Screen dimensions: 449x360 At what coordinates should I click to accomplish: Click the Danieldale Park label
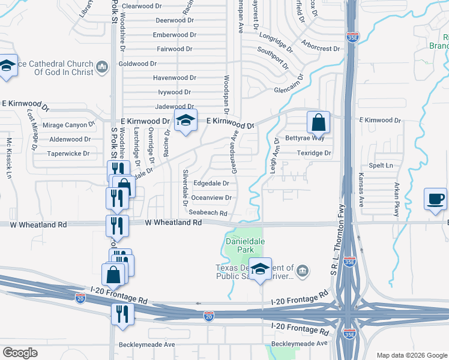240,245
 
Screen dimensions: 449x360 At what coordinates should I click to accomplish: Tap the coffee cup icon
435,199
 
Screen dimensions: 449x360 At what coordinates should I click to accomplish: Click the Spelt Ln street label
381,165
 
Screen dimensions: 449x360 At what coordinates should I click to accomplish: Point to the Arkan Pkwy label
397,195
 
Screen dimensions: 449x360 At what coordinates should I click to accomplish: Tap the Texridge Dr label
314,153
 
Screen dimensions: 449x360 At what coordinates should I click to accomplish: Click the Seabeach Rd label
208,213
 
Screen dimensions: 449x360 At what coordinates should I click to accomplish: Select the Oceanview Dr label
211,198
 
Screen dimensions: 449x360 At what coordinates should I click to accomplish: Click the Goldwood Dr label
137,64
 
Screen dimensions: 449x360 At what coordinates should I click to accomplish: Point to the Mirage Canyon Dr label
71,125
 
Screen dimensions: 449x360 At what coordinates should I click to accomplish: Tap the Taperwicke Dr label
70,154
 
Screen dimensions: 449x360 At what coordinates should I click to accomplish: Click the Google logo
20,352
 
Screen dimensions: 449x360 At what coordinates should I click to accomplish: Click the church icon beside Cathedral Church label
101,65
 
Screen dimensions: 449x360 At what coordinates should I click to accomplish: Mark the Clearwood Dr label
142,6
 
